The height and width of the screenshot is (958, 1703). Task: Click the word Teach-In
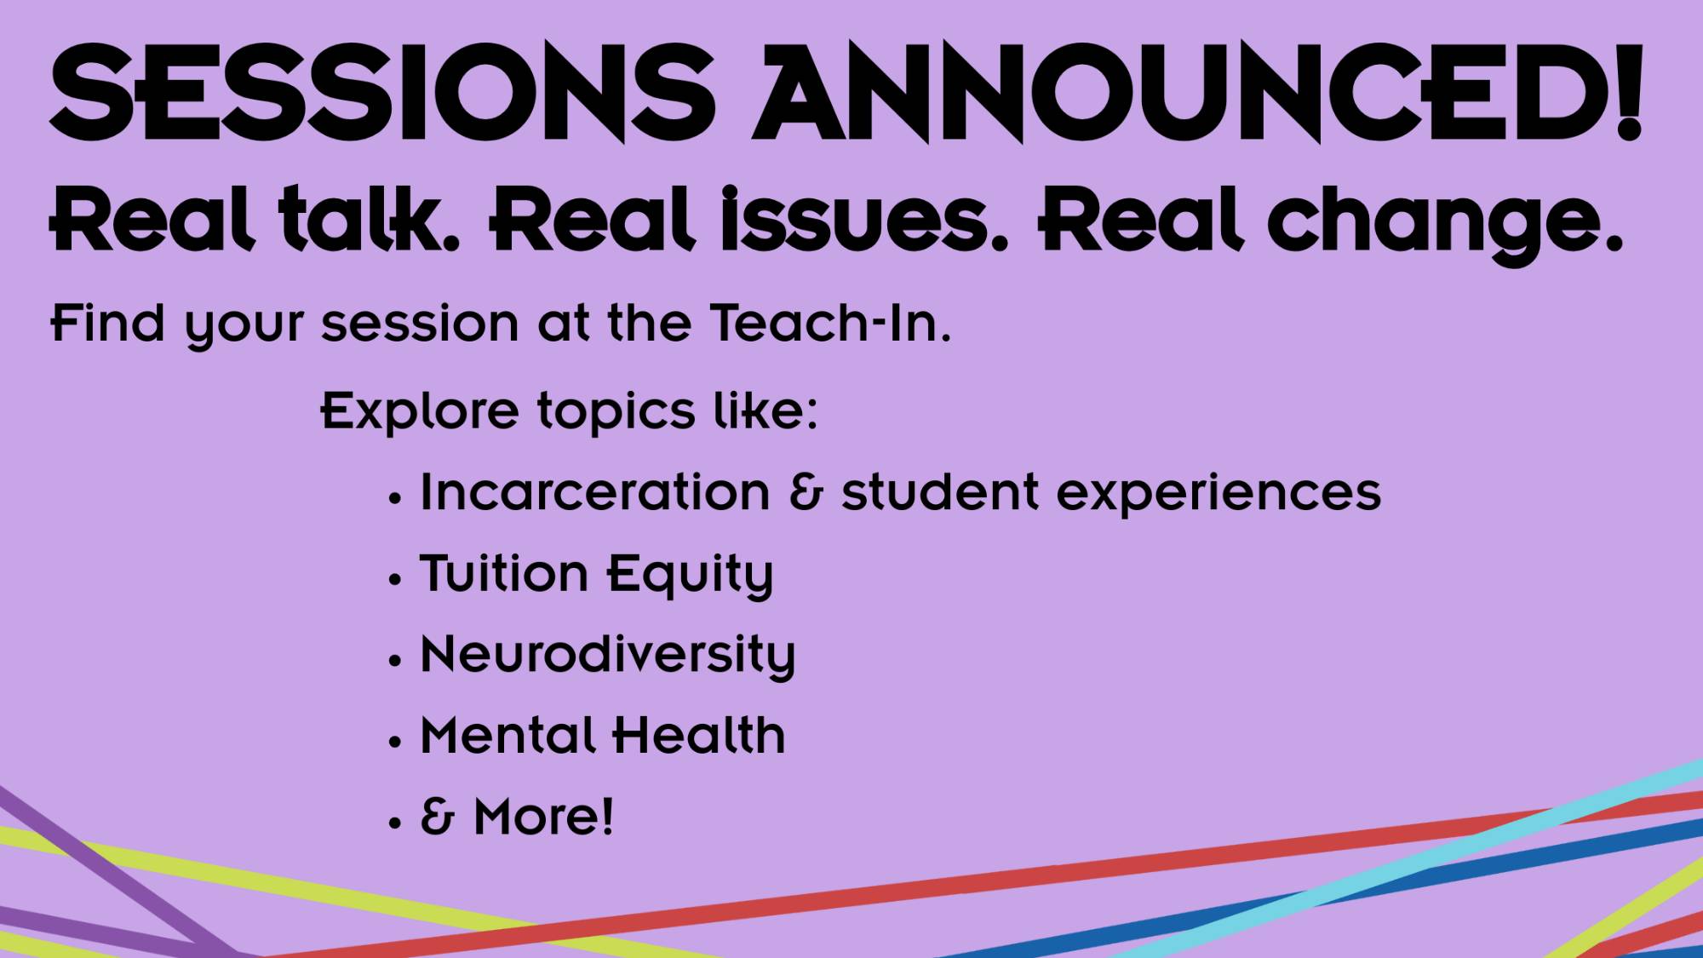(x=830, y=324)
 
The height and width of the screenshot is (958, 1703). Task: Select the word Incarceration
(x=594, y=492)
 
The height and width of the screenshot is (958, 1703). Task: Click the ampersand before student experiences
(x=806, y=493)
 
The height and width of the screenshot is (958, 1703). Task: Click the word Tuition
(x=504, y=573)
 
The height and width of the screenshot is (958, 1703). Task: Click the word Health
(x=699, y=735)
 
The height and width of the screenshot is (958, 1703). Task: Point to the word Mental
(x=507, y=735)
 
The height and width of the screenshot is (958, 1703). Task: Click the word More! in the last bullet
(x=543, y=817)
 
